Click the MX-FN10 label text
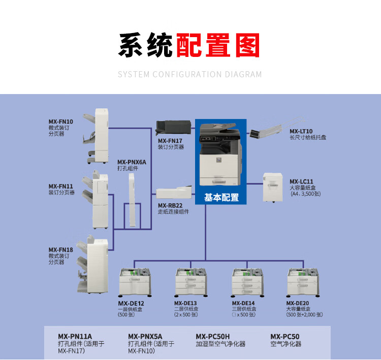tap(61, 122)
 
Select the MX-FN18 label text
tap(61, 250)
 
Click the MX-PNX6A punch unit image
tap(132, 199)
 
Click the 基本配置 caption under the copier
tap(221, 197)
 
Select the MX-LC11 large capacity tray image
tap(272, 187)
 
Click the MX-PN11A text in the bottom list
tap(75, 336)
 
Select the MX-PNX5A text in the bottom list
tap(145, 336)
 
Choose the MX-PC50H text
tap(213, 336)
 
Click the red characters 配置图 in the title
tap(218, 45)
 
